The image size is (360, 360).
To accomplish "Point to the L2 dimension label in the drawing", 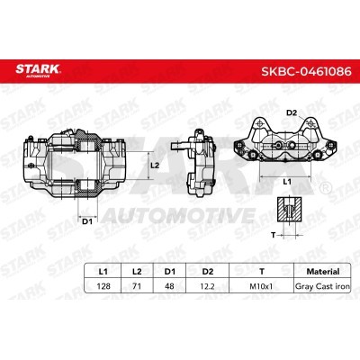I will (x=155, y=166).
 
